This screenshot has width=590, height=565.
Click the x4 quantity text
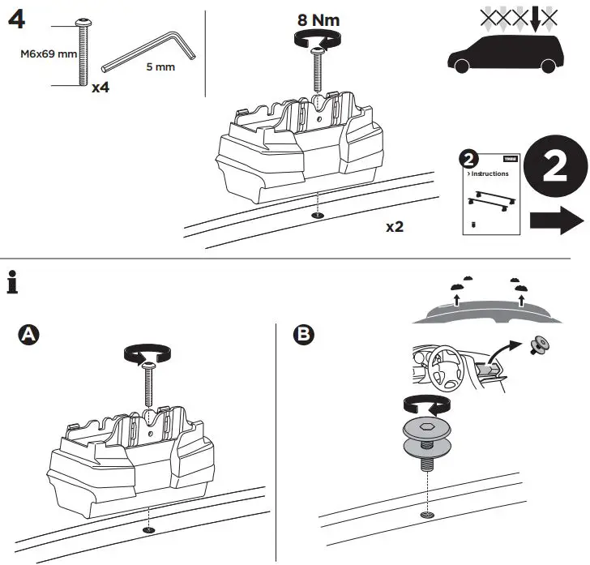click(x=100, y=87)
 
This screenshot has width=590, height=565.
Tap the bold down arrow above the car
click(x=536, y=18)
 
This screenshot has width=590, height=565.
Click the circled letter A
click(x=29, y=335)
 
